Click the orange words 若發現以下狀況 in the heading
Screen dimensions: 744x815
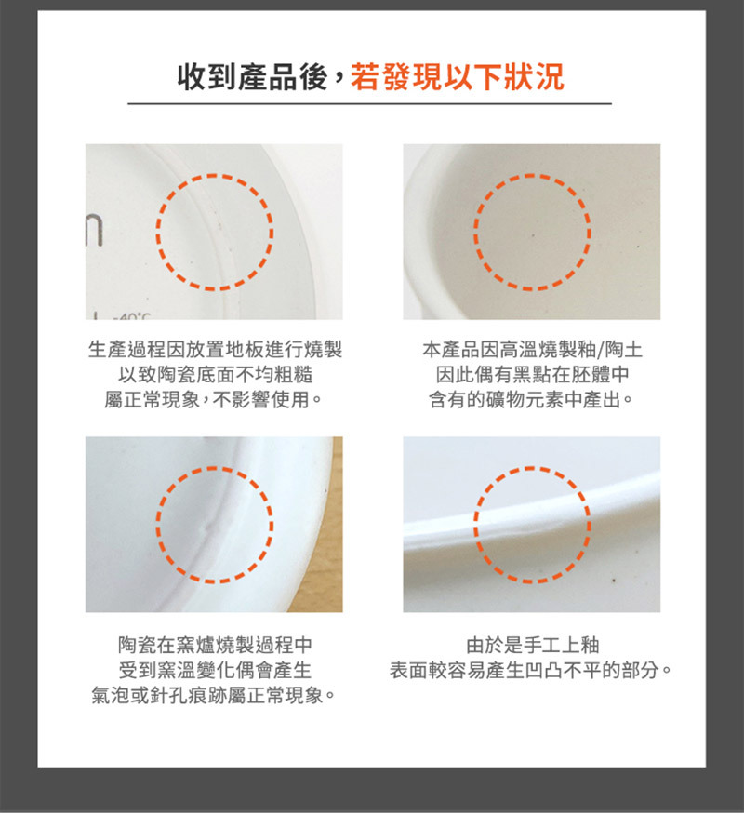458,77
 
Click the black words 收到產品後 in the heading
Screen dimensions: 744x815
253,77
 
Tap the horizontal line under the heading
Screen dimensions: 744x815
369,104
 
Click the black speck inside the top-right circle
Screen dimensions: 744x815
533,235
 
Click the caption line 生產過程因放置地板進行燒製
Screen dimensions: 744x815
215,349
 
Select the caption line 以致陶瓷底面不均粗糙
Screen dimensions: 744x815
215,374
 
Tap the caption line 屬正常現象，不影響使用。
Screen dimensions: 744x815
213,399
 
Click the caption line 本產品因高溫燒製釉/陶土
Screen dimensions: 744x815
533,349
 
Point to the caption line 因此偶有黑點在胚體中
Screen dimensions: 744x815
533,374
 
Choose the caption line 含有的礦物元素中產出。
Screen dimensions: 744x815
531,399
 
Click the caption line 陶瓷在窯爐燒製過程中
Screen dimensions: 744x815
215,645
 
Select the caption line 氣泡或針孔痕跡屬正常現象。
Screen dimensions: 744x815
214,695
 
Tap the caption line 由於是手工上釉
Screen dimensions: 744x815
533,645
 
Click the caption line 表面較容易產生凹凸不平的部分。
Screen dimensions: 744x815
531,670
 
